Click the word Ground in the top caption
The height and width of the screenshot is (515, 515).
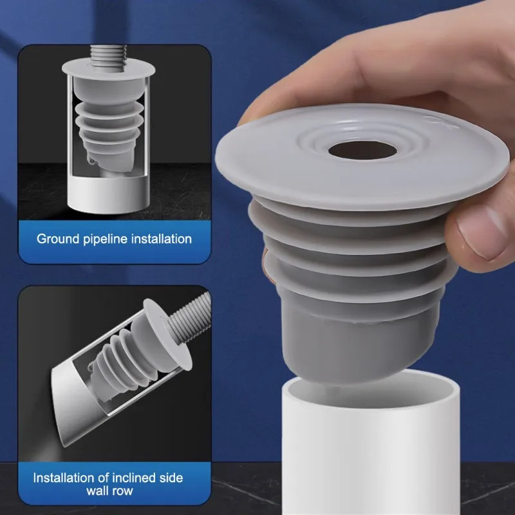[x=58, y=239]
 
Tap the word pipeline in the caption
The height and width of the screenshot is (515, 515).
[x=105, y=239]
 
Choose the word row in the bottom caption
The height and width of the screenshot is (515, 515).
[x=122, y=492]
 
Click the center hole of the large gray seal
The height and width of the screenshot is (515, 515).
[x=362, y=151]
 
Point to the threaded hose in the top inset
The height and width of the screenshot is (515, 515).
[x=108, y=55]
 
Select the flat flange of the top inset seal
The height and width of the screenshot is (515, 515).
[x=108, y=69]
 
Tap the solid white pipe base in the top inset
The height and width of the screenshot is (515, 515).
[x=109, y=194]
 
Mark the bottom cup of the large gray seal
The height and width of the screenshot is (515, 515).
[x=360, y=342]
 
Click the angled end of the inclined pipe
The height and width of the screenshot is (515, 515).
[x=66, y=407]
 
